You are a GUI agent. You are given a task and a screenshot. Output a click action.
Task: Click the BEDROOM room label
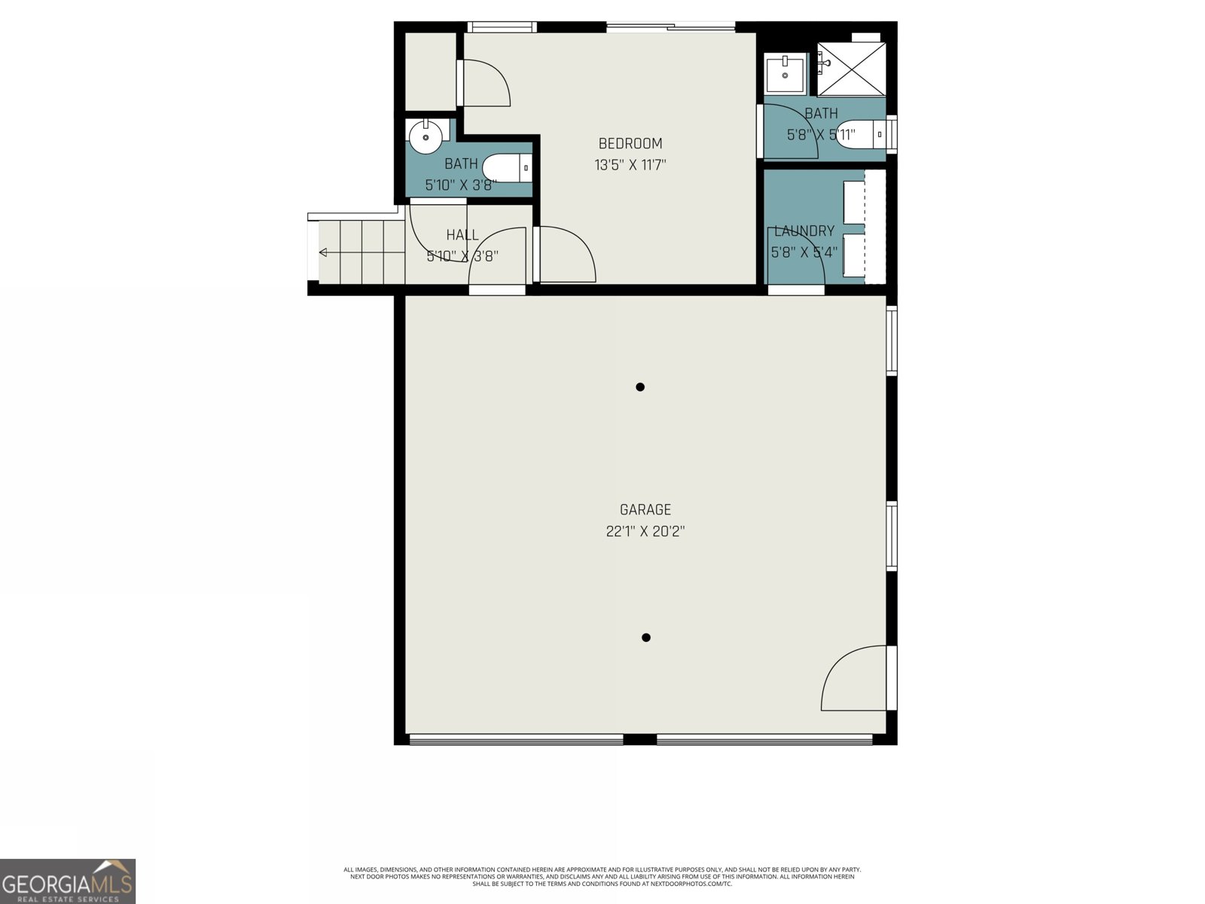coord(630,143)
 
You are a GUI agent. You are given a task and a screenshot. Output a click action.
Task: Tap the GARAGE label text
coord(645,510)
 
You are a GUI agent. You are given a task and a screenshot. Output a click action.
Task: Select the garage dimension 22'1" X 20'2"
coord(645,531)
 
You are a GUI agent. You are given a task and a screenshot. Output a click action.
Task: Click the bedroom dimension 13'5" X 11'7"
coord(630,164)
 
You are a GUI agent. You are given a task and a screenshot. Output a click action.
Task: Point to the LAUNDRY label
coord(804,231)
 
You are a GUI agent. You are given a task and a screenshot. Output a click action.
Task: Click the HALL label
coord(462,235)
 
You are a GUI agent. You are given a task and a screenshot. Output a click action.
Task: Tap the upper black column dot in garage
coord(640,387)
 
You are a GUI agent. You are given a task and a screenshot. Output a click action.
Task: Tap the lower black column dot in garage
coord(645,637)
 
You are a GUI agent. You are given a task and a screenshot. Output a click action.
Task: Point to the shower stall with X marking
coord(852,69)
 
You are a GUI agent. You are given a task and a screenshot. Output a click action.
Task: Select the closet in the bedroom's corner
coord(430,72)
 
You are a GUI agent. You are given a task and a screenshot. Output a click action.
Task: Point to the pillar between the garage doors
coord(639,739)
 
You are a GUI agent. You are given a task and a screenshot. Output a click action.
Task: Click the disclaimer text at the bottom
coord(602,876)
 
